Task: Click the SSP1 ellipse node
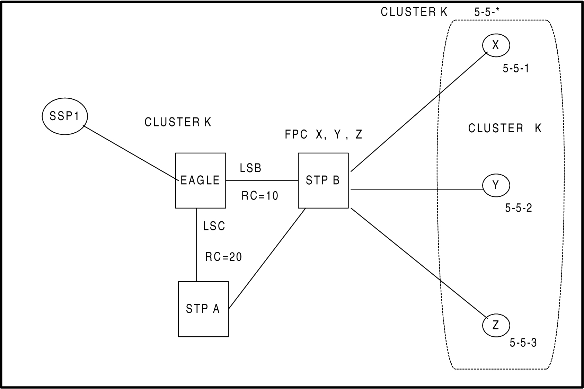(x=65, y=116)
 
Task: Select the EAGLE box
(x=201, y=180)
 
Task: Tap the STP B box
(x=323, y=180)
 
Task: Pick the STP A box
(x=203, y=309)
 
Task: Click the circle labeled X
(x=496, y=45)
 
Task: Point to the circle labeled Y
(x=496, y=186)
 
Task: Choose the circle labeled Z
(x=496, y=325)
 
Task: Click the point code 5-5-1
(x=516, y=69)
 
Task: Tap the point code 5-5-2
(x=519, y=208)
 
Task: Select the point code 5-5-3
(x=523, y=343)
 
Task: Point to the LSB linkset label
(x=250, y=168)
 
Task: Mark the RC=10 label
(x=260, y=196)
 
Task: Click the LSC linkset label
(x=214, y=226)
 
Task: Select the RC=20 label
(x=223, y=257)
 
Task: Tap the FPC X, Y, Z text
(x=324, y=134)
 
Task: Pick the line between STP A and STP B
(x=267, y=258)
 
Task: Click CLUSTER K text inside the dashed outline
(x=504, y=129)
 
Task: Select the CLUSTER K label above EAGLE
(x=178, y=122)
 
